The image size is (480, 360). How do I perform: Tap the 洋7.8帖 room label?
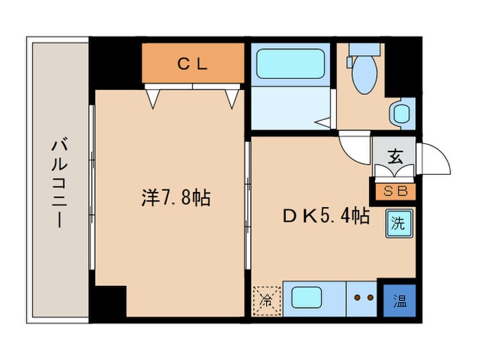[x=176, y=199]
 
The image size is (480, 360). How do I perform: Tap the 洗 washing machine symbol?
[x=398, y=224]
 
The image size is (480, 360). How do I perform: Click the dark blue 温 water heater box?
[x=399, y=300]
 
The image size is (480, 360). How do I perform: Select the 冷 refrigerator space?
[x=267, y=299]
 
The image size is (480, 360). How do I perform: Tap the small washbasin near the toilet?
[x=400, y=112]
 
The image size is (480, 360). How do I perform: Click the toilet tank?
[x=363, y=49]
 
